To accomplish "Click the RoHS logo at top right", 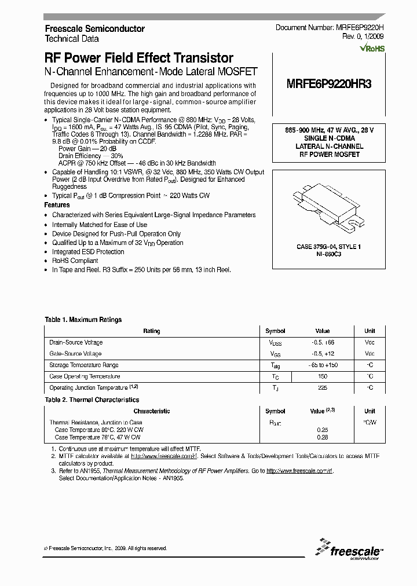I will (372, 49).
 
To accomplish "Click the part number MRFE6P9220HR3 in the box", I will (329, 83).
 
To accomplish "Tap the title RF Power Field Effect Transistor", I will (139, 58).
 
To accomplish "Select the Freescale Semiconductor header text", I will (94, 28).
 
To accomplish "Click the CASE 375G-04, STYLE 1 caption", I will (328, 247).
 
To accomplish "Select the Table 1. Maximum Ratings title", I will (83, 320).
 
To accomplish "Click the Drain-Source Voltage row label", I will (76, 342).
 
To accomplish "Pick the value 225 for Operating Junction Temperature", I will (323, 388).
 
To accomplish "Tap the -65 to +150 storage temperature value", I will (323, 365).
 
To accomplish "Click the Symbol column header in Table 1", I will (275, 331).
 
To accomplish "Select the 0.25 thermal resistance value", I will (323, 430).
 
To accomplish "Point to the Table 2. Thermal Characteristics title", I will (92, 400).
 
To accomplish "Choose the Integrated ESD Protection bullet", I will (88, 252).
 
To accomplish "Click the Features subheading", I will (57, 205).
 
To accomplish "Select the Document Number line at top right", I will (329, 28).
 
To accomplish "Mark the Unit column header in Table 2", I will (369, 411).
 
